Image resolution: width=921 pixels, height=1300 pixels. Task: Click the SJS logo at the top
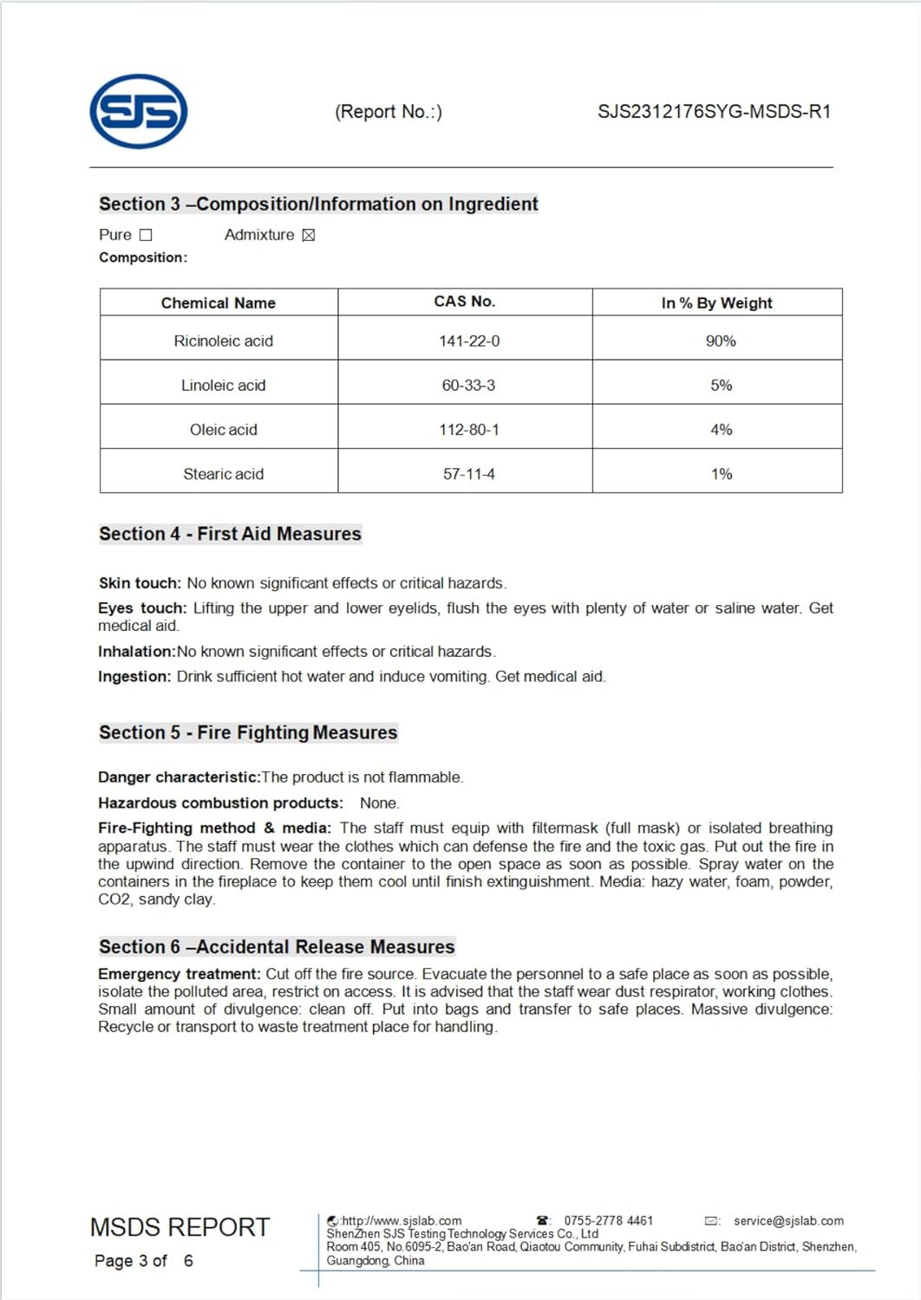coord(139,111)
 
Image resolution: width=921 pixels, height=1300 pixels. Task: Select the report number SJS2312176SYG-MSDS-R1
coord(714,112)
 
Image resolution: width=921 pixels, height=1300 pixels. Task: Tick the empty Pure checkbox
coord(146,235)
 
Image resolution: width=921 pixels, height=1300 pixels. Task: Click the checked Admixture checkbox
coord(308,235)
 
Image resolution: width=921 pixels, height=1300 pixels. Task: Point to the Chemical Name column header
coord(219,302)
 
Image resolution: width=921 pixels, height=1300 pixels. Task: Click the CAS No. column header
coord(464,302)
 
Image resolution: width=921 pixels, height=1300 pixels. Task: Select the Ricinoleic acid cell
coord(223,341)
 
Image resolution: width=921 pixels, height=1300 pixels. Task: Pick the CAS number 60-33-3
coord(468,385)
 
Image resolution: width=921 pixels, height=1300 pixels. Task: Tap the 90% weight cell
coord(721,341)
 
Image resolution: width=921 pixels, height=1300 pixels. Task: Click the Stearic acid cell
coord(223,474)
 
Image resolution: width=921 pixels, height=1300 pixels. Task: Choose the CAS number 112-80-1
coord(468,430)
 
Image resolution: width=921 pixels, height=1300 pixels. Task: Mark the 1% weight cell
coord(721,474)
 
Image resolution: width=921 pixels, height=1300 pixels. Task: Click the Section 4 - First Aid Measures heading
coord(230,534)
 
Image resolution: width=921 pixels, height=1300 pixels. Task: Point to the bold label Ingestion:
coord(134,677)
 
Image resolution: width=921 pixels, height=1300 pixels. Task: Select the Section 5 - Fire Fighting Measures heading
coord(248,732)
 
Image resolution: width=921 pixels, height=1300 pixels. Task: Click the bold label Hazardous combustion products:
coord(220,803)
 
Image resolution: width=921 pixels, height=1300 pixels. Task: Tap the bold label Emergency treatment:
coord(179,974)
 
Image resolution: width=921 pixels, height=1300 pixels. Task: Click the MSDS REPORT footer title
coord(180,1227)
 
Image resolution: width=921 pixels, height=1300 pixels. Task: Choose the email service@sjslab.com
coord(788,1221)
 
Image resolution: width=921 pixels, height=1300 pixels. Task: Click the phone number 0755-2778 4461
coord(608,1221)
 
